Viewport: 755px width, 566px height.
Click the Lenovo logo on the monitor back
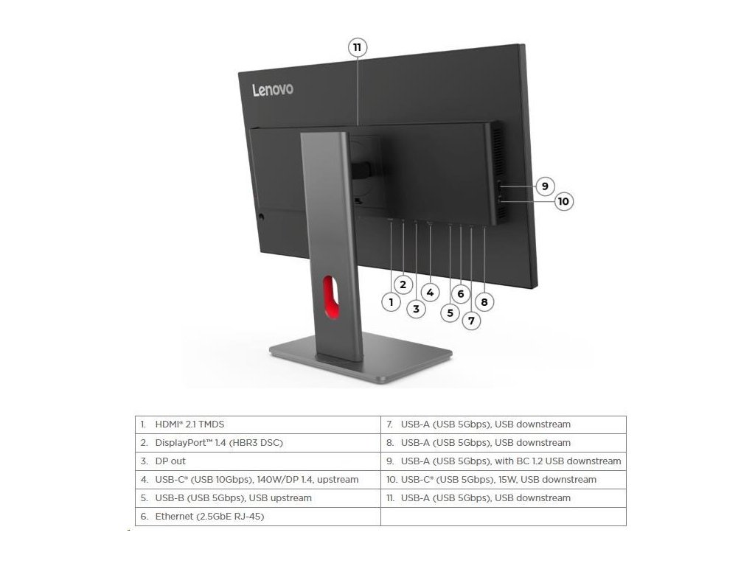click(273, 89)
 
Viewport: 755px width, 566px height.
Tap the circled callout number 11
click(358, 48)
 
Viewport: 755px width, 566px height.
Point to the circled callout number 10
click(563, 200)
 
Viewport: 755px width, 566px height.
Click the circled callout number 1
click(391, 301)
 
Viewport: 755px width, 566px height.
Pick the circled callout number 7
click(470, 321)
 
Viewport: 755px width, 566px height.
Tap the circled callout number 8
click(484, 301)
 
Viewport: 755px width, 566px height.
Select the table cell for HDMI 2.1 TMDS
click(257, 424)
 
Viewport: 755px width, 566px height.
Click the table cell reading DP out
click(257, 461)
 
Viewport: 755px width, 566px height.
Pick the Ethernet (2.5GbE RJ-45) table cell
click(257, 517)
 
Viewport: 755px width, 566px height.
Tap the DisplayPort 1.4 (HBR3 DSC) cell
click(257, 443)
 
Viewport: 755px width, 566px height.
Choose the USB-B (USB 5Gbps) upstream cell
click(257, 498)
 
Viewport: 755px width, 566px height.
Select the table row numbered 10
click(503, 480)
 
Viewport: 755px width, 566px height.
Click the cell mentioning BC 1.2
click(503, 461)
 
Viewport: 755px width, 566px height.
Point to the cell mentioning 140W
click(257, 480)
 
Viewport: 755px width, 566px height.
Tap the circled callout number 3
click(416, 310)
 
